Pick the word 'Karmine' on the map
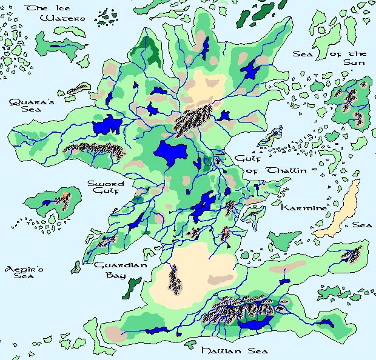[x=303, y=208]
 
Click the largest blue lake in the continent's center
[x=171, y=152]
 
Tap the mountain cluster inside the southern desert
[x=175, y=279]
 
